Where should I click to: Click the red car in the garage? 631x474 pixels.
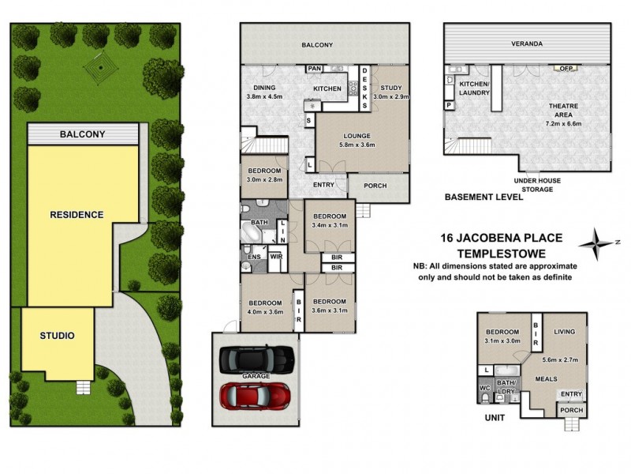(x=255, y=395)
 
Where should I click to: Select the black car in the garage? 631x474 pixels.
(x=256, y=359)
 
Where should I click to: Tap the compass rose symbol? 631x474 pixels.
(x=597, y=244)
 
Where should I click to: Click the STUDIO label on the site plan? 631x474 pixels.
(x=57, y=335)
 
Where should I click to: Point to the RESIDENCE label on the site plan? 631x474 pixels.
(x=77, y=214)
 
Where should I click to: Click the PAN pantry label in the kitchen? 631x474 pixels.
(x=314, y=69)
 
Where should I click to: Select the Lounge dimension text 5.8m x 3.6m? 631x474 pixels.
(x=357, y=145)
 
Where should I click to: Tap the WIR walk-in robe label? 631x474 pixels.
(x=277, y=257)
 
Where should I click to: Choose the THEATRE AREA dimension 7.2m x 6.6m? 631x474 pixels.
(x=563, y=124)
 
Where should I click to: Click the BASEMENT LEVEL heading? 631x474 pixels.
(x=484, y=197)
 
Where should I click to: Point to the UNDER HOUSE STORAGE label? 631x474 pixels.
(x=537, y=185)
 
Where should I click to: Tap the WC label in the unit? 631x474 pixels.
(x=484, y=388)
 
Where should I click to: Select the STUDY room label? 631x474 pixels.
(x=390, y=88)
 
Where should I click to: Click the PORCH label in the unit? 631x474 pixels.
(x=571, y=410)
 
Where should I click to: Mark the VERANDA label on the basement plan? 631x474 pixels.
(x=527, y=43)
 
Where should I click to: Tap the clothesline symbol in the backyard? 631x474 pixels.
(x=101, y=68)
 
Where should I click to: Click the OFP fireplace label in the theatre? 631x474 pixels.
(x=566, y=69)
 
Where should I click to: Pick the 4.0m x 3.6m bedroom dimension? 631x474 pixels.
(x=265, y=311)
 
